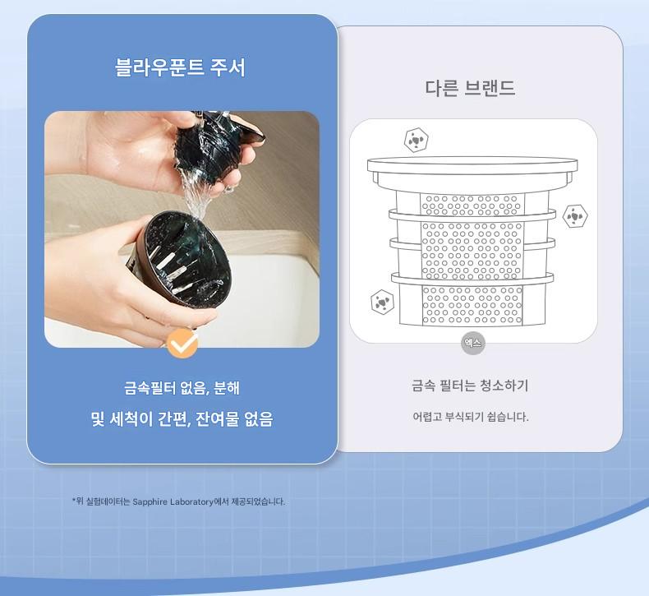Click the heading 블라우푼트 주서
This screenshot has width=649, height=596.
click(x=180, y=67)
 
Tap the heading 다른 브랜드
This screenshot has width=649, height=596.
click(x=470, y=88)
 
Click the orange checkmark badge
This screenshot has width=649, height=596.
click(x=182, y=344)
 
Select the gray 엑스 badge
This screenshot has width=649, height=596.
click(x=473, y=344)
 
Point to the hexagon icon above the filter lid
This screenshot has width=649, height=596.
click(x=416, y=140)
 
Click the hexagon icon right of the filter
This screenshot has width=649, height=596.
click(x=575, y=215)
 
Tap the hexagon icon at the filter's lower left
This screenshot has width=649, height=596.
click(x=383, y=302)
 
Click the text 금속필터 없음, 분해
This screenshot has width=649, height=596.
click(x=182, y=388)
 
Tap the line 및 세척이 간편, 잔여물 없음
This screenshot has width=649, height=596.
click(x=182, y=418)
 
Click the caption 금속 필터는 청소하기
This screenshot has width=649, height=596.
click(x=470, y=386)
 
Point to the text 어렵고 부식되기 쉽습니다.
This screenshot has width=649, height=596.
click(x=471, y=417)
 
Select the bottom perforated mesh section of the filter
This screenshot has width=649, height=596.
click(x=472, y=305)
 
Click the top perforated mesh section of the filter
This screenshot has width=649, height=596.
click(x=472, y=204)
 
